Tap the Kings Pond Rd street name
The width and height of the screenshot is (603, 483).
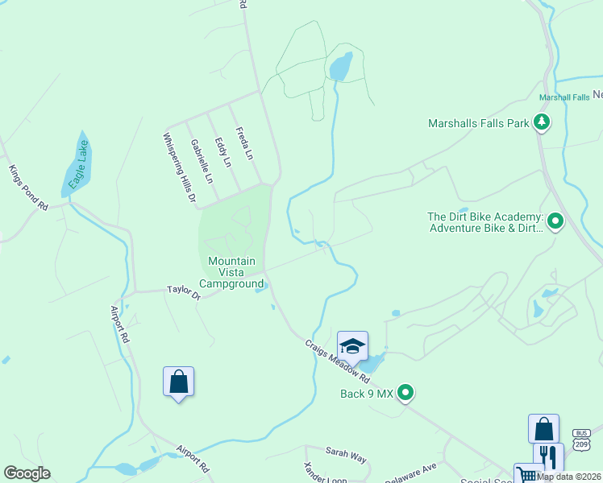tap(28, 188)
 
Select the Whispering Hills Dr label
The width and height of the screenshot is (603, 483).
tap(180, 167)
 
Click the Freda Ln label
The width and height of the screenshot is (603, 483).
tap(243, 142)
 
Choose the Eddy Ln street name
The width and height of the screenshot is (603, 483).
tap(222, 152)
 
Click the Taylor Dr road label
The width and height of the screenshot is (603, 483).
tap(183, 291)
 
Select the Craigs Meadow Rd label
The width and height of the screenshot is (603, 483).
tap(337, 361)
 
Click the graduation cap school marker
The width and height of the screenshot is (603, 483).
tap(352, 346)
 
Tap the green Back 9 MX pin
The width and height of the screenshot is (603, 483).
tap(406, 393)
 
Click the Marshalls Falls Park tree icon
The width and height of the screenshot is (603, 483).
tap(543, 123)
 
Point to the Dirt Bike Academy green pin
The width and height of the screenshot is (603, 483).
tap(555, 222)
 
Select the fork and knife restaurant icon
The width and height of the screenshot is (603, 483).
tap(548, 456)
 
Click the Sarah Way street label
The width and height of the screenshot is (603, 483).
tap(346, 456)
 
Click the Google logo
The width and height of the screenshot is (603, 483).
tap(27, 473)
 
